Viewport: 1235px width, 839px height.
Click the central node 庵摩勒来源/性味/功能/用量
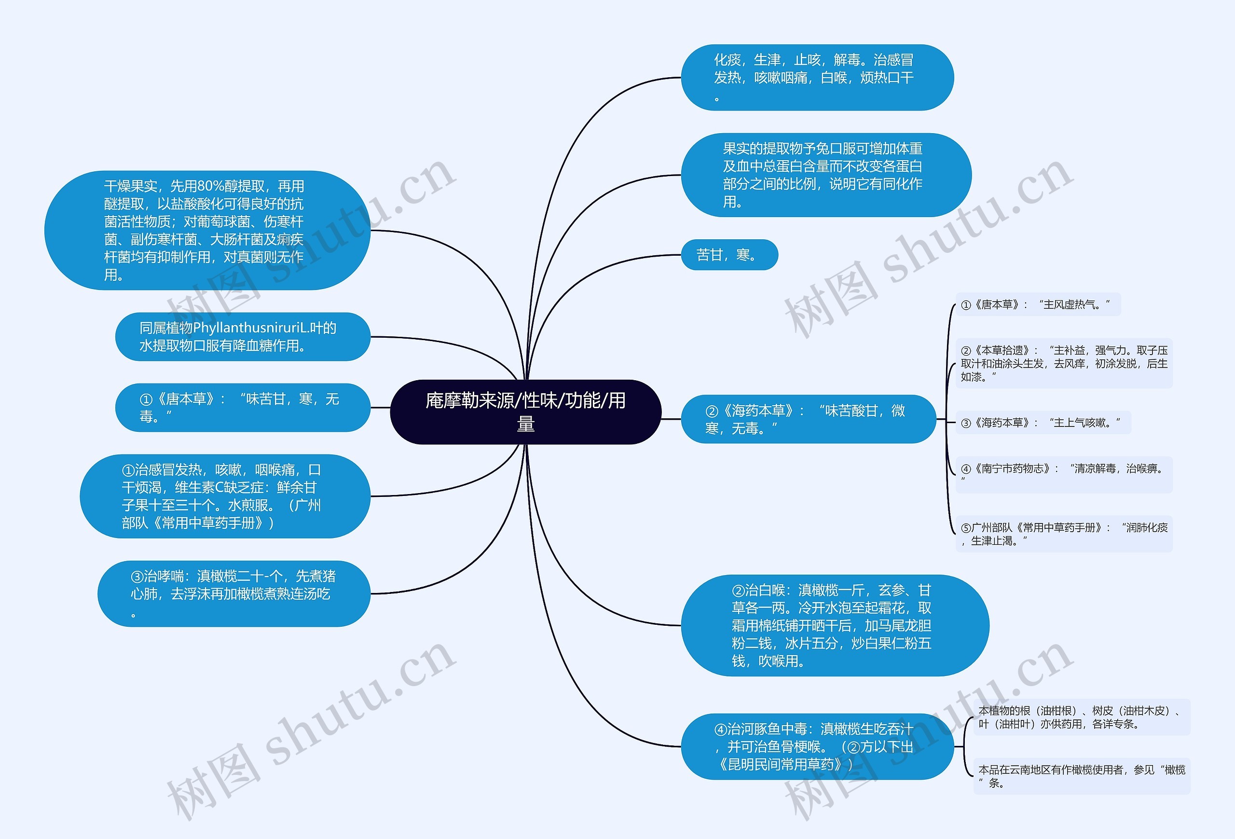tap(525, 412)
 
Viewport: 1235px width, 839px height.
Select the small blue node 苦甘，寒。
tap(728, 255)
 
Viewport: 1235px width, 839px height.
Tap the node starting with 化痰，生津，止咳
tap(817, 78)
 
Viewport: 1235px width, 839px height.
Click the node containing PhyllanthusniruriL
tap(242, 336)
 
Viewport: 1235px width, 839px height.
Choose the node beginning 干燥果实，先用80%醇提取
tap(207, 230)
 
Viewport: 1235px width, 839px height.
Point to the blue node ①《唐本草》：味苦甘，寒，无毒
tap(242, 408)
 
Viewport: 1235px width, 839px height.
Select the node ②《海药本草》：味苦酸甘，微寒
tap(808, 419)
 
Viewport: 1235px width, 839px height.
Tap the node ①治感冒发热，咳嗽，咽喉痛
tap(225, 496)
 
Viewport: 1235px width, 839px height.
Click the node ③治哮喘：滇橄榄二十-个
tap(234, 593)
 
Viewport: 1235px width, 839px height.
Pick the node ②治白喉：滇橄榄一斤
tap(834, 625)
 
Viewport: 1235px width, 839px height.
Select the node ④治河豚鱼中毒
tap(817, 746)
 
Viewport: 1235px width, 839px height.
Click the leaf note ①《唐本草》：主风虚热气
tap(1037, 304)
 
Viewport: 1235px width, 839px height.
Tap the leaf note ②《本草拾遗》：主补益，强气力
tap(1064, 363)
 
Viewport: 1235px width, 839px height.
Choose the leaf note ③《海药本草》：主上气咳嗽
tap(1043, 423)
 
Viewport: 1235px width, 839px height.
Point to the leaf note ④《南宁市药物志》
tap(1064, 473)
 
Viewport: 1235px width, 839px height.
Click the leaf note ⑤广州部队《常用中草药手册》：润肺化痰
tap(1064, 534)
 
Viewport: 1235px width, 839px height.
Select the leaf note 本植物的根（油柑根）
tap(1081, 717)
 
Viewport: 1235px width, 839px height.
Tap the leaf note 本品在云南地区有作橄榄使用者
tap(1081, 776)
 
